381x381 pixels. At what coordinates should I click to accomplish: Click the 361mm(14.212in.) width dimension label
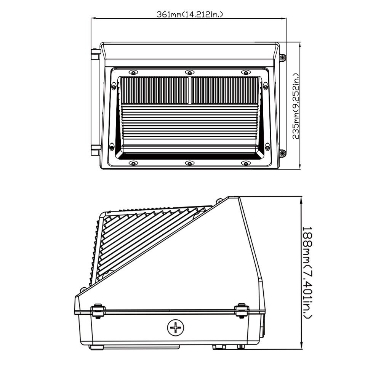190,15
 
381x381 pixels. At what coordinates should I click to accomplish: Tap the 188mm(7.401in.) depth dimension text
308,272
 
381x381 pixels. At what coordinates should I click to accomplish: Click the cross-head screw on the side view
175,327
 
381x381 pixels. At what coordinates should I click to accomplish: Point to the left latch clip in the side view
98,311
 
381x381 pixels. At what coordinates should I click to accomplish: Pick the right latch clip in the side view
241,310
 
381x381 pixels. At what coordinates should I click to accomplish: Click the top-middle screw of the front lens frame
189,72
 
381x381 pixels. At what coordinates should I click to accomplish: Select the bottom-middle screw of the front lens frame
189,163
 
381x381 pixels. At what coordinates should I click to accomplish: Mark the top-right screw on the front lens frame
246,72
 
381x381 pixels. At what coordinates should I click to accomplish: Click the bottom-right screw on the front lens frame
246,163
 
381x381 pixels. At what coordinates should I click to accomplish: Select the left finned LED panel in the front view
154,90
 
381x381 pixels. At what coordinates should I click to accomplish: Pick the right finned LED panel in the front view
225,90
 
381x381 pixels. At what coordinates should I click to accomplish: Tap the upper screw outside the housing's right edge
282,58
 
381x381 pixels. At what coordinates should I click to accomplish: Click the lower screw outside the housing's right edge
282,154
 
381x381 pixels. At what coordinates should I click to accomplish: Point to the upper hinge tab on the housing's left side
95,52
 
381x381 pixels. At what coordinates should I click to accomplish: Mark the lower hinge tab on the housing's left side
95,148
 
